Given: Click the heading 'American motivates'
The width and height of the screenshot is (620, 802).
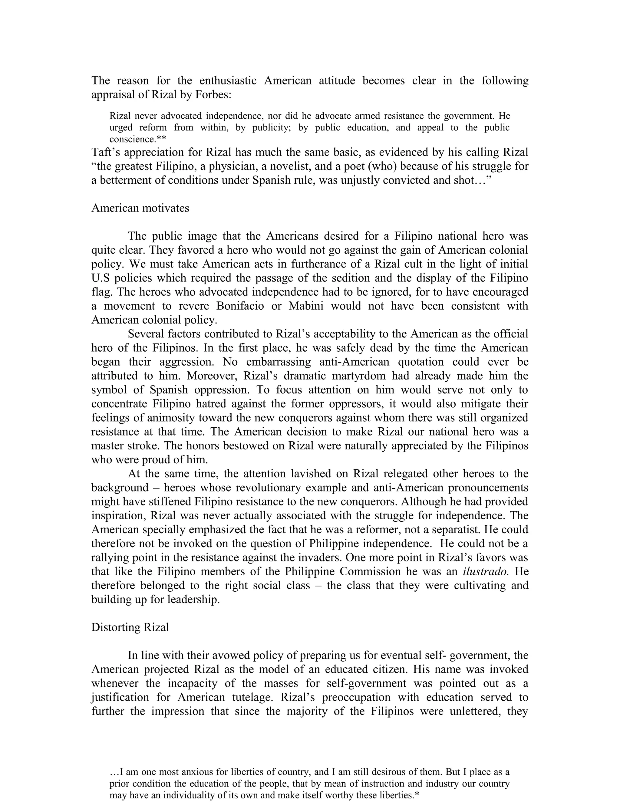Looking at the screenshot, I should pyautogui.click(x=140, y=208).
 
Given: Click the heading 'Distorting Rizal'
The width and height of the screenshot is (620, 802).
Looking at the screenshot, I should pyautogui.click(x=130, y=627).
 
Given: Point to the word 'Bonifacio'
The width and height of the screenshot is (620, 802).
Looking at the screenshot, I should pyautogui.click(x=240, y=306).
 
